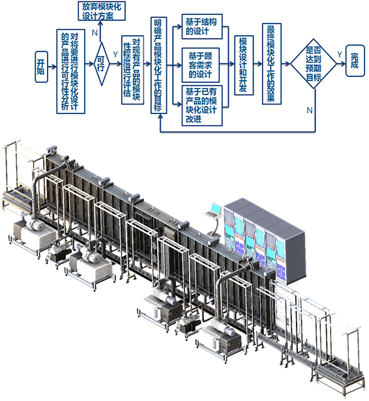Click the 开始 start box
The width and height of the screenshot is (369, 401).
[42, 67]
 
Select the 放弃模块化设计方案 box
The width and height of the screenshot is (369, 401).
[102, 10]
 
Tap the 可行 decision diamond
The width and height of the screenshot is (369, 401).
[102, 64]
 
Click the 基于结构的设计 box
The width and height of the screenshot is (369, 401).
[202, 27]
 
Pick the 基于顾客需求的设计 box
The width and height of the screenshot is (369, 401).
[201, 65]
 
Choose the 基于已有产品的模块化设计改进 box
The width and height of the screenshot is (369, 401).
[202, 106]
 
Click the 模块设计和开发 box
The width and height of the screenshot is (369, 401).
[244, 65]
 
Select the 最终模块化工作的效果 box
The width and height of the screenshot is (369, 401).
[272, 64]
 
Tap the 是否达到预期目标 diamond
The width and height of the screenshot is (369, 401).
[314, 64]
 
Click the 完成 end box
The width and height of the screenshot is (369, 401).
[355, 61]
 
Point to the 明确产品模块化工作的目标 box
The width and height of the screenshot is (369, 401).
[158, 65]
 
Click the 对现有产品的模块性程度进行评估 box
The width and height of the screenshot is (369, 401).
[132, 70]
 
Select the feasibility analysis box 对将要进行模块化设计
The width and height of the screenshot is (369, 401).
[71, 71]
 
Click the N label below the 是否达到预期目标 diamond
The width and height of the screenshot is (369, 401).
[310, 110]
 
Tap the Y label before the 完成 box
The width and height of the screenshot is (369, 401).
[340, 55]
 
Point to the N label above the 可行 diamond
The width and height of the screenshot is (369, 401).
[95, 33]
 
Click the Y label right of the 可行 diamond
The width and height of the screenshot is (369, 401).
[115, 55]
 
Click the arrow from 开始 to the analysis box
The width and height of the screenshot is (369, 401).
[52, 67]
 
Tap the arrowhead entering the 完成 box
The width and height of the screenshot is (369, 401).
[344, 63]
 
